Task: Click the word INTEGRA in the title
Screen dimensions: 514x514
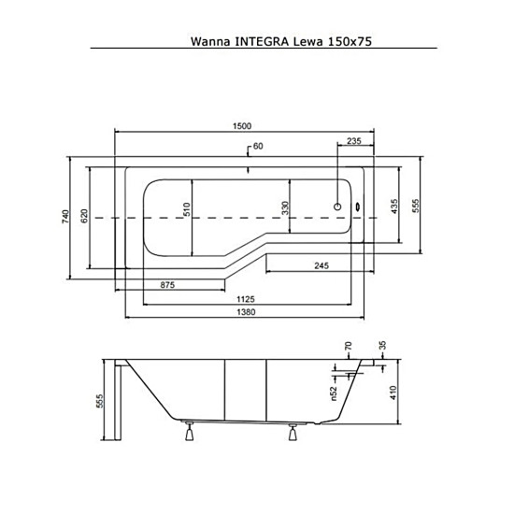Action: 262,42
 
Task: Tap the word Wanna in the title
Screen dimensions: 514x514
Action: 210,42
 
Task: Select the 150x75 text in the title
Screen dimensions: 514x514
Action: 350,42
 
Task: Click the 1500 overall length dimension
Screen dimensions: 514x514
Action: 242,126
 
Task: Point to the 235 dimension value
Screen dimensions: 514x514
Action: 354,141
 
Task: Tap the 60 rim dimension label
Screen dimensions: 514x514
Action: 258,146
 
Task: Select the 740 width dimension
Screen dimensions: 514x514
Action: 65,217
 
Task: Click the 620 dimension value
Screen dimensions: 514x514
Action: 84,216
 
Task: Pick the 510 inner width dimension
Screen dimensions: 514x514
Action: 186,209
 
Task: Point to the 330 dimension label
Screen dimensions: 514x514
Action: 285,207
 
